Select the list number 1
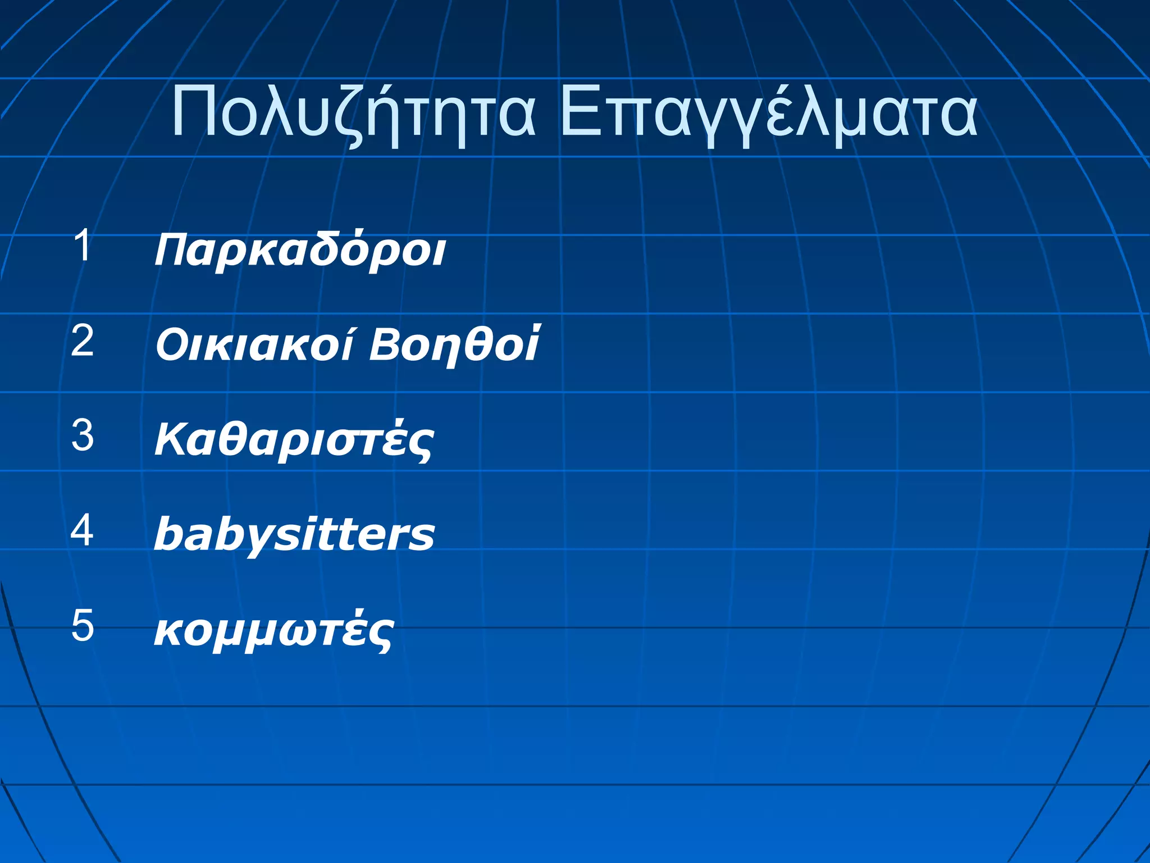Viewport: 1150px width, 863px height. (83, 246)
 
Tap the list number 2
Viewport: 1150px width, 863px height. (83, 340)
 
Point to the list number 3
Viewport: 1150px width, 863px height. (83, 435)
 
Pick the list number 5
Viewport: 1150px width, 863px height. (83, 625)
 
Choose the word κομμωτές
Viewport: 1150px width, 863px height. (274, 630)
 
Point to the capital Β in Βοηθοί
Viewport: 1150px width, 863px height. (386, 344)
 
